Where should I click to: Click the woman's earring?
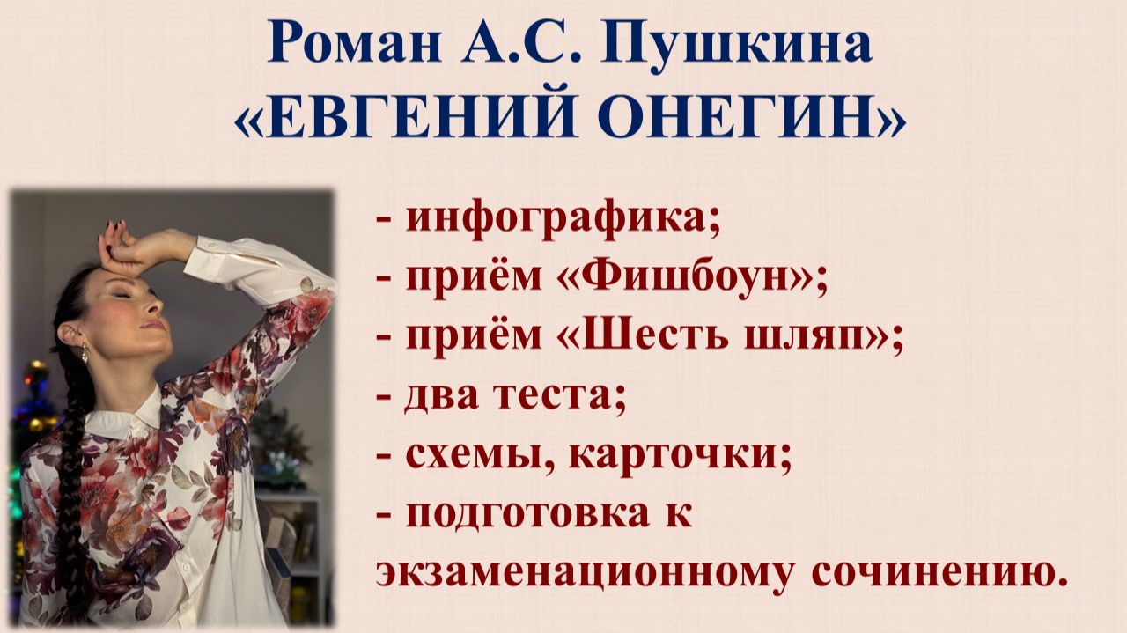pos(86,354)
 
